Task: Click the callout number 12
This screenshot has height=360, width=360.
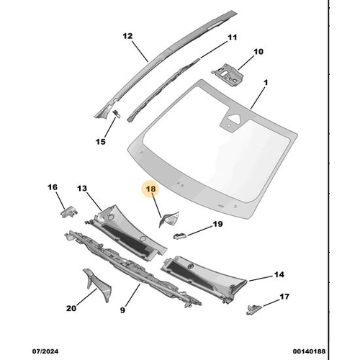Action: point(127,35)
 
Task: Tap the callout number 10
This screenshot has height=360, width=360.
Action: point(258,51)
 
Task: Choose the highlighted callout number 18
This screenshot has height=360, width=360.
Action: point(151,190)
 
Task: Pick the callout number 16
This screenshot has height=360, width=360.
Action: point(53,187)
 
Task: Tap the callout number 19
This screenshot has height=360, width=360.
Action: point(217,225)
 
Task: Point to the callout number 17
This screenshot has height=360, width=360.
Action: point(284,296)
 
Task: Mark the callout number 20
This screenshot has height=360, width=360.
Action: point(71,308)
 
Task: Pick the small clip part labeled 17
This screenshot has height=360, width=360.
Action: point(254,308)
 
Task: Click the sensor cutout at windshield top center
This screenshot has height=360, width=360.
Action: point(230,121)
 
